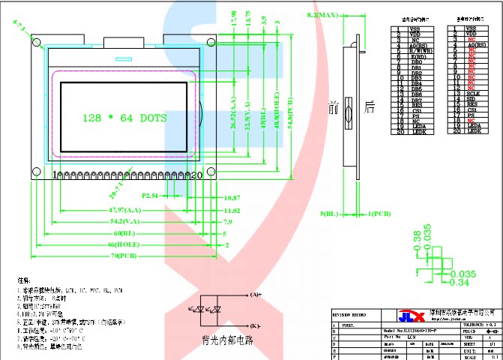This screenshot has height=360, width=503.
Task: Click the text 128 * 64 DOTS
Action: click(124, 118)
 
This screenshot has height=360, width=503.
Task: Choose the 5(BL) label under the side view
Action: click(330, 214)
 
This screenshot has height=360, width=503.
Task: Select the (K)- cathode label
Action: click(255, 325)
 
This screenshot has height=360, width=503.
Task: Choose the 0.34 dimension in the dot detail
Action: click(459, 283)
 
